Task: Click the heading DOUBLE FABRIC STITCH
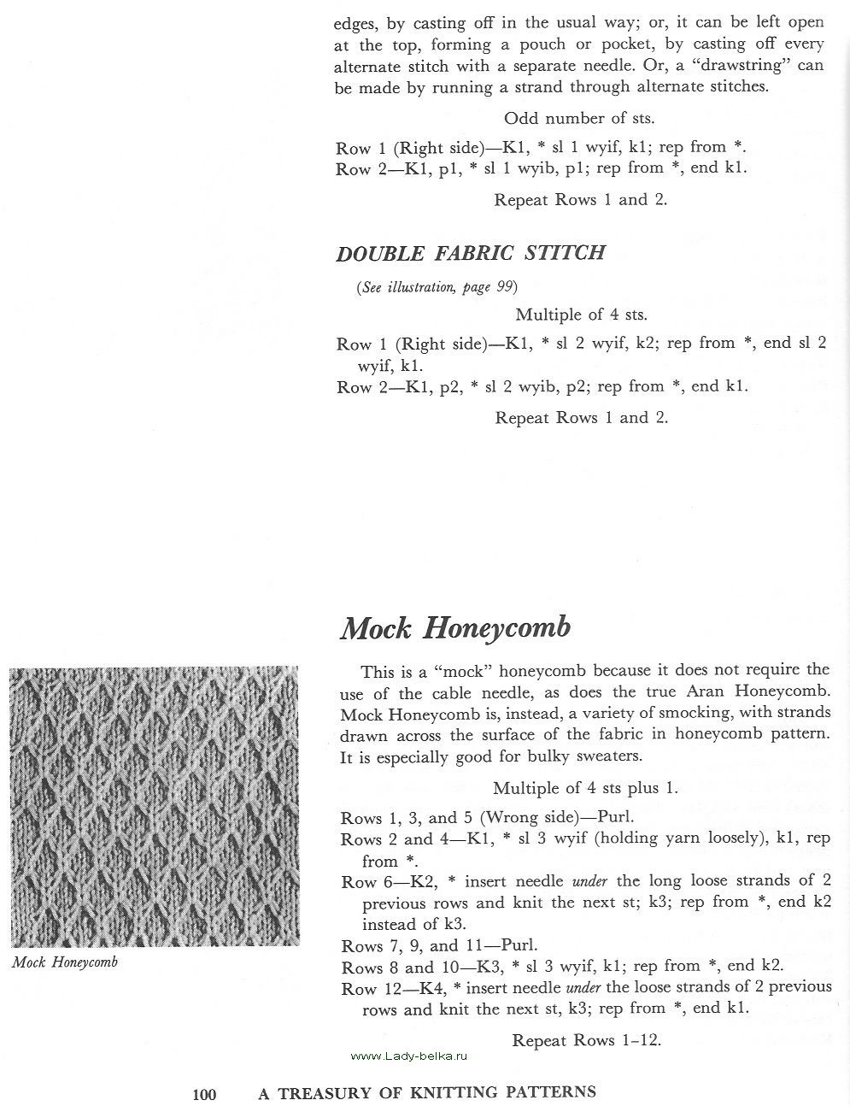tap(471, 253)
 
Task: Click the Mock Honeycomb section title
tap(455, 628)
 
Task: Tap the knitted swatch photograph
tap(155, 807)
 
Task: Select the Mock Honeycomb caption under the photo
tap(65, 962)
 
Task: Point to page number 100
tap(205, 1093)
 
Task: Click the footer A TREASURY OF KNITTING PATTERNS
tap(427, 1091)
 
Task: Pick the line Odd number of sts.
tap(579, 118)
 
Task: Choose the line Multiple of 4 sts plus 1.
tap(585, 788)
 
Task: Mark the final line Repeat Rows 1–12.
tap(586, 1040)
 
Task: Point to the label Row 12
tap(365, 989)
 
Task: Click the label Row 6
tap(360, 882)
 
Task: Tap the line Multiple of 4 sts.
tap(581, 315)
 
